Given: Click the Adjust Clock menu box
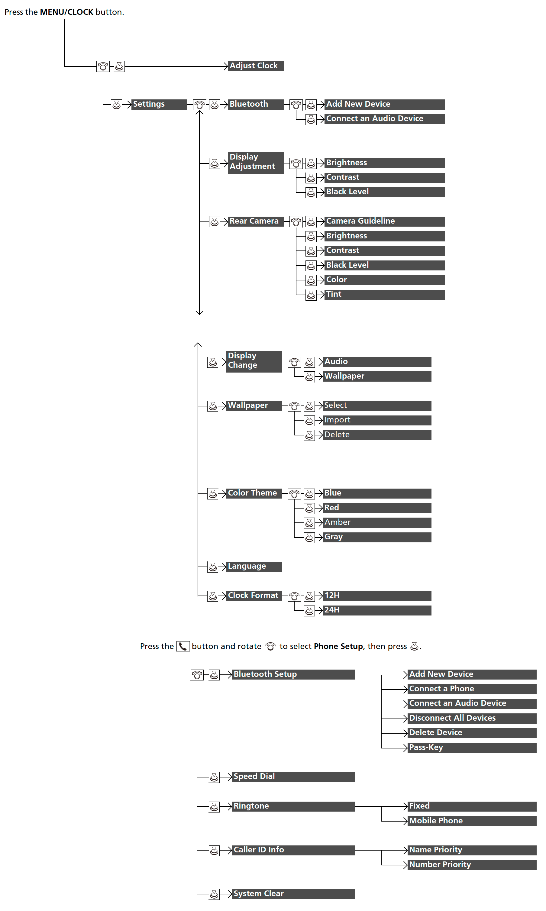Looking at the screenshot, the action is click(x=256, y=66).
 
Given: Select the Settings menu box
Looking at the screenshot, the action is click(x=159, y=105).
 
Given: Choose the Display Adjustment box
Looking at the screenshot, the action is click(x=256, y=163).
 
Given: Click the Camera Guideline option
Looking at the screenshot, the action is click(x=384, y=221).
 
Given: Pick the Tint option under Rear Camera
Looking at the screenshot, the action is click(x=384, y=295).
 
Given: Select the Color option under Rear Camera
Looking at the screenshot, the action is click(x=384, y=280).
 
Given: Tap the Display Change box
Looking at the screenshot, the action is click(x=254, y=362).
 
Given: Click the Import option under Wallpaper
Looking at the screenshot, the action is click(x=377, y=421).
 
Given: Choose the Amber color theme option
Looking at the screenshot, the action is click(x=377, y=523).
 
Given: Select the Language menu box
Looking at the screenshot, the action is click(x=254, y=567).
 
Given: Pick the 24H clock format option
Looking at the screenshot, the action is click(x=377, y=610).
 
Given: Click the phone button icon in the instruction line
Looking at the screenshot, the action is click(x=183, y=646).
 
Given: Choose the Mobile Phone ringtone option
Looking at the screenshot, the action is click(x=472, y=821).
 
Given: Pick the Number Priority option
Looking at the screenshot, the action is click(x=472, y=865).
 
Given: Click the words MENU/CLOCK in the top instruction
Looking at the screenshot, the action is click(x=66, y=12).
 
